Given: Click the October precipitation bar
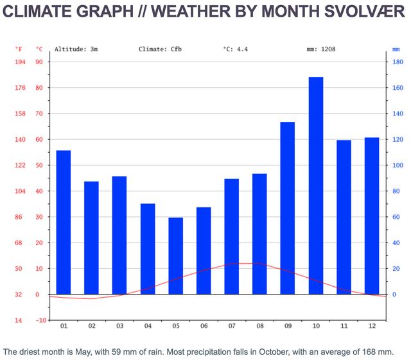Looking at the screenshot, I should (x=316, y=185).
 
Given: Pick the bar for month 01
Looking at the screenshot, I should (x=64, y=222).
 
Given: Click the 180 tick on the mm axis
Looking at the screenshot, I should (x=398, y=62).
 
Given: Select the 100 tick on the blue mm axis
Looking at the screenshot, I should (x=398, y=166).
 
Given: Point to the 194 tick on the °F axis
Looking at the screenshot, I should (x=20, y=62).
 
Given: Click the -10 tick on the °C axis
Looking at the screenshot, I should (x=40, y=320).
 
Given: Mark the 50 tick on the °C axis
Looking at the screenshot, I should (x=40, y=166).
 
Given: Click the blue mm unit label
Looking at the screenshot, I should (x=396, y=49).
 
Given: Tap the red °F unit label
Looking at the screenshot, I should (x=20, y=49).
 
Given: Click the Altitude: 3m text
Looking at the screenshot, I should (x=76, y=49).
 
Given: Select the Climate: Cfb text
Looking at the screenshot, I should (x=160, y=49).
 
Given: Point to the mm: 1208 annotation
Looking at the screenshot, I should (x=321, y=49).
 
